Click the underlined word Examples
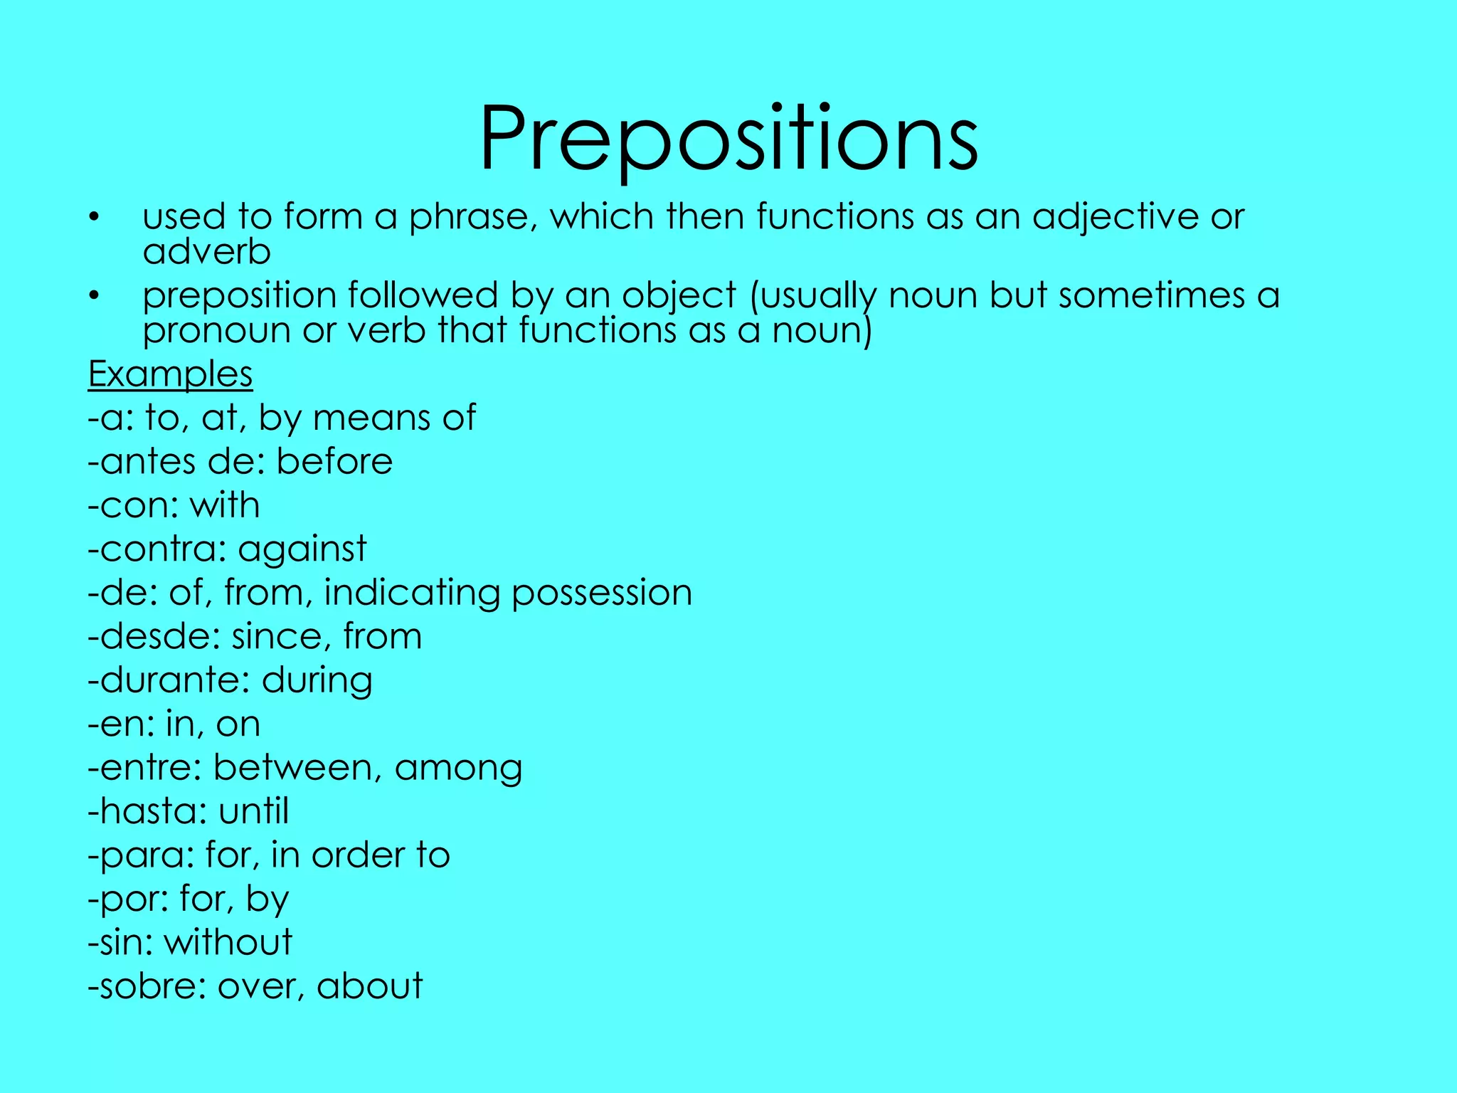(x=170, y=374)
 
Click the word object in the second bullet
(x=679, y=296)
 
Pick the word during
(x=317, y=681)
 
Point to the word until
(x=254, y=811)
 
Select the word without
(x=228, y=942)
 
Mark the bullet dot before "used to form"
(x=93, y=217)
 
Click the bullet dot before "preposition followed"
(x=93, y=296)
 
